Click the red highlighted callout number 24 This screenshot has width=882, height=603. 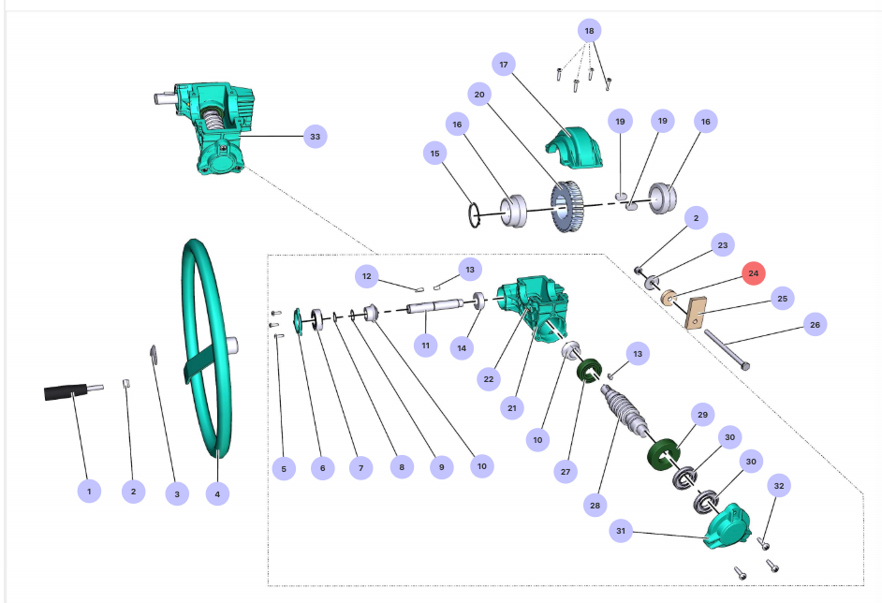coord(754,273)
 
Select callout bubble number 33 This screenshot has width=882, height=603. coord(316,137)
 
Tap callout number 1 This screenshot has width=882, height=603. coord(89,491)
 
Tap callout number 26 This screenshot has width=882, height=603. coord(815,325)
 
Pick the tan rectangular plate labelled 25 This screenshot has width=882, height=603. coord(695,312)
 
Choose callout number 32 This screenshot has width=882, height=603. coord(779,485)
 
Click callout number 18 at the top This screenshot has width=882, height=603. coord(588,30)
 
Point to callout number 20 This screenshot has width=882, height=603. coord(479,94)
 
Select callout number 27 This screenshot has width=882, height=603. coord(566,473)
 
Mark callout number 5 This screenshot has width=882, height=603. coord(284,467)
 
